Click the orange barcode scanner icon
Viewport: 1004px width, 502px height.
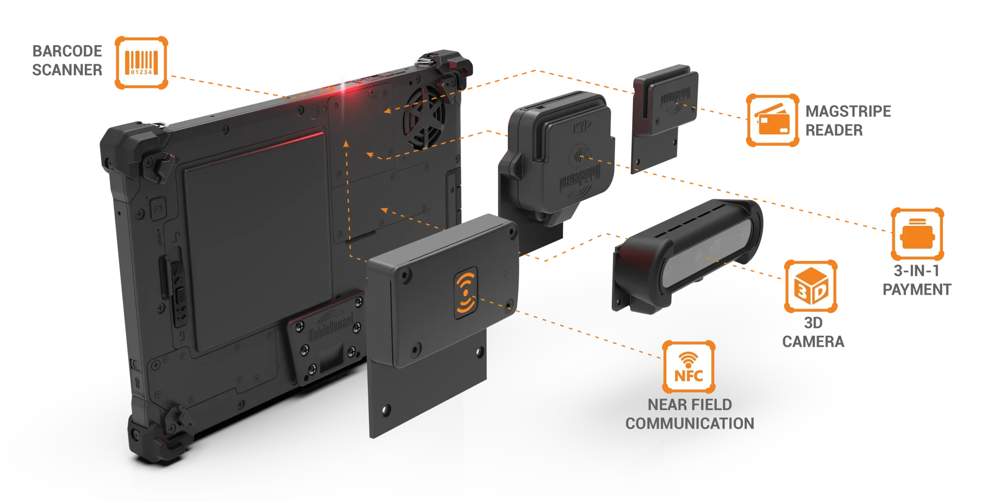point(142,63)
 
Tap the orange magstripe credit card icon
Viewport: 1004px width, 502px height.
point(773,120)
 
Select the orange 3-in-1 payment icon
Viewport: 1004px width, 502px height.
point(917,234)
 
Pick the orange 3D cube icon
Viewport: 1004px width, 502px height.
point(811,286)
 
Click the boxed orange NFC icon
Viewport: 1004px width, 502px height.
point(689,367)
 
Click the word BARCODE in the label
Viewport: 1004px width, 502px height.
point(67,51)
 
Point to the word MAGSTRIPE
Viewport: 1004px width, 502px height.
point(848,111)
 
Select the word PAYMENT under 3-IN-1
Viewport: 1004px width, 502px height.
point(917,290)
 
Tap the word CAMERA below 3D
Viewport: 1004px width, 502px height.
point(813,342)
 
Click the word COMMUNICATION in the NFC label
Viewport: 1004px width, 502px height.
point(690,424)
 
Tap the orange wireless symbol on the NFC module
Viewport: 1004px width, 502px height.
point(466,293)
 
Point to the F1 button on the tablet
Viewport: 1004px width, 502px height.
point(158,207)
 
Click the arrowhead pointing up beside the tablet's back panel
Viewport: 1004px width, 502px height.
point(346,144)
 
